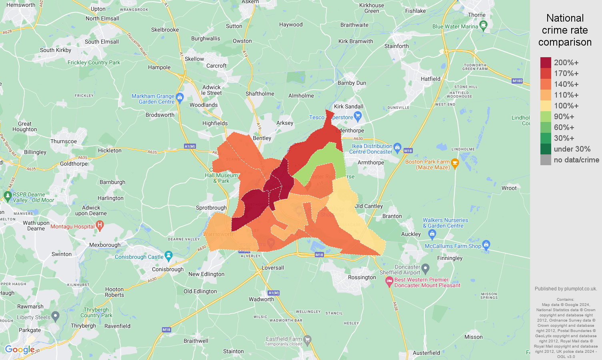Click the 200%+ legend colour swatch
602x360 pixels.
pos(546,62)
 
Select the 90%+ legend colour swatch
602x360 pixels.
pos(546,116)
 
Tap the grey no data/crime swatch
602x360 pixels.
pos(546,160)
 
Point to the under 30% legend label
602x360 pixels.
pos(572,149)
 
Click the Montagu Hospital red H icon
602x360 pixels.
pos(100,226)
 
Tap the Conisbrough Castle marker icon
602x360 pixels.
pos(168,255)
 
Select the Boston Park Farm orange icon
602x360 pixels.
pos(455,163)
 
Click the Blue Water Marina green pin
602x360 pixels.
pos(483,26)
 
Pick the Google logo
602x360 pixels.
pos(20,350)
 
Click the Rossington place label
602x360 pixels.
pos(362,277)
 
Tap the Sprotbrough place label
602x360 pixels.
pos(211,208)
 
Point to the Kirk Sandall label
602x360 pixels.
pos(349,106)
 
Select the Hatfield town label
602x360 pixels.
pos(430,79)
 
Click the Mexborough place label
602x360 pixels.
pos(105,245)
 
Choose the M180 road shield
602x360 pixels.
pos(517,81)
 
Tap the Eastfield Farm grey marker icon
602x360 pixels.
pos(307,340)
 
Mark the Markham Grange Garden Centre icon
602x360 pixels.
pos(180,97)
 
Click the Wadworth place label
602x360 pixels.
pos(262,299)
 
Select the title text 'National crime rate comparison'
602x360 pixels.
pos(565,30)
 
